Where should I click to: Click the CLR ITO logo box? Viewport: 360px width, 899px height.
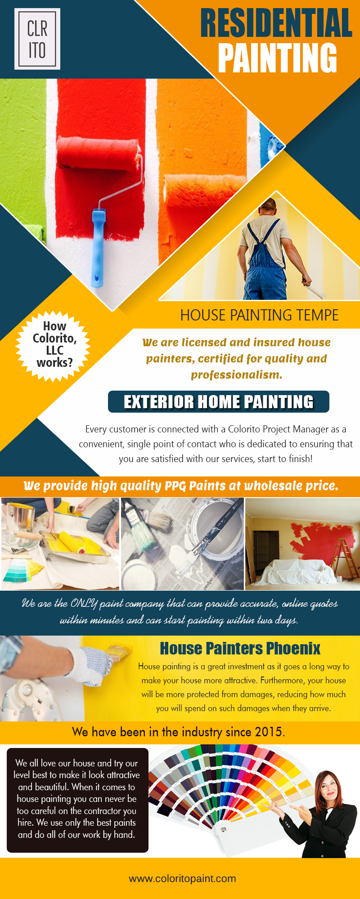[37, 39]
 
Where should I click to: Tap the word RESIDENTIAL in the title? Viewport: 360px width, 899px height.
[276, 23]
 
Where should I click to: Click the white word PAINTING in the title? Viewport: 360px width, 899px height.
[278, 58]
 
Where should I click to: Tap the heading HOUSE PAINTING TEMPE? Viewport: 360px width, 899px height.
[259, 315]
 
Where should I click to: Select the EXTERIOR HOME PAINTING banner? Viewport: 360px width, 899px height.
[219, 401]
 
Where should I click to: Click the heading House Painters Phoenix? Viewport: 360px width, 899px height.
[240, 648]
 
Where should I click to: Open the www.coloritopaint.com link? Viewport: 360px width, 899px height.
[182, 878]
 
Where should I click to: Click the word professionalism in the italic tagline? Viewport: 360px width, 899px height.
[237, 375]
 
